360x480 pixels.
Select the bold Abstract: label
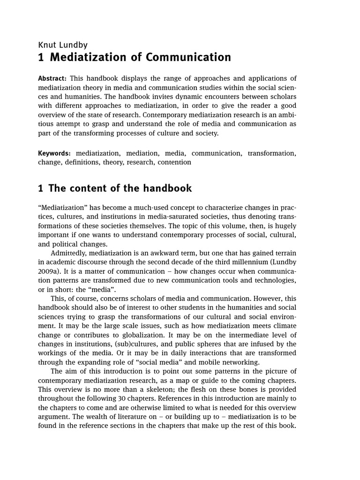click(52, 78)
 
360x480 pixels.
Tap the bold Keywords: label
click(54, 153)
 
